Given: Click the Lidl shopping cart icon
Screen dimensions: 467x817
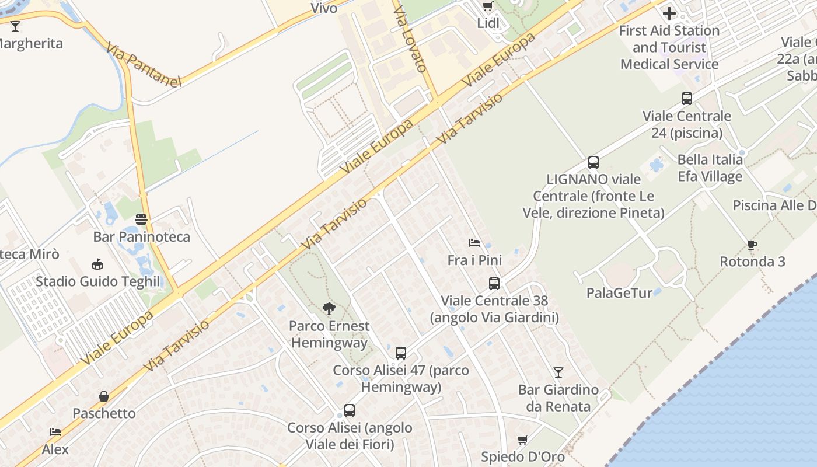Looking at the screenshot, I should tap(487, 6).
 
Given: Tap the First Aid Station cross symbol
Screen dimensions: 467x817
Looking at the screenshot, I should tap(669, 13).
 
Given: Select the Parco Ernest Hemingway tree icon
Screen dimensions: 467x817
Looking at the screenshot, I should tap(329, 309).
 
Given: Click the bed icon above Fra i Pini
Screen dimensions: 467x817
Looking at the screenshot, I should tap(474, 243).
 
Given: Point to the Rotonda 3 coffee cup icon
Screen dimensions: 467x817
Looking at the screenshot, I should tap(752, 245).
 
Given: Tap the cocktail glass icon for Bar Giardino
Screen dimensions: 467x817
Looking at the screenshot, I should tap(558, 372).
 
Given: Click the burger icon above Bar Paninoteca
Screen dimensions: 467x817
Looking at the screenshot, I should tap(141, 219).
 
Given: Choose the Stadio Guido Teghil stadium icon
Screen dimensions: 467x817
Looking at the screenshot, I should tap(97, 264).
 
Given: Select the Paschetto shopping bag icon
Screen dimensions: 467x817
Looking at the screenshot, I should tap(104, 396).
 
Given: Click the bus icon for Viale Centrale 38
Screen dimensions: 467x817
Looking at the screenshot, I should tap(494, 284).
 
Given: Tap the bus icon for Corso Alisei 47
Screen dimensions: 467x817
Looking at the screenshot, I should tap(401, 353).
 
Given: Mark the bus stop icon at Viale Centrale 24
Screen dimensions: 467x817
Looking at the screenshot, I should tap(687, 99).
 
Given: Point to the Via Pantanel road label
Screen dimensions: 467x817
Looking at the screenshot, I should tap(144, 64).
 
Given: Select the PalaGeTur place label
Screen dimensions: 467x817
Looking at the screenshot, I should tap(619, 293).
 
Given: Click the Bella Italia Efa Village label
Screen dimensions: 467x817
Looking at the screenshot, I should tap(710, 168).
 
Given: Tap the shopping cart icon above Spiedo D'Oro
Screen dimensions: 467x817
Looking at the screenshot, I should tap(522, 440).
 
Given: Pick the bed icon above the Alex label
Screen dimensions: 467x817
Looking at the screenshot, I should tap(55, 432).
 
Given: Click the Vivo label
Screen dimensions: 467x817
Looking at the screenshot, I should tap(324, 8).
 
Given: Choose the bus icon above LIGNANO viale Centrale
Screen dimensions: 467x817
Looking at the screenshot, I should tap(593, 162).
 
